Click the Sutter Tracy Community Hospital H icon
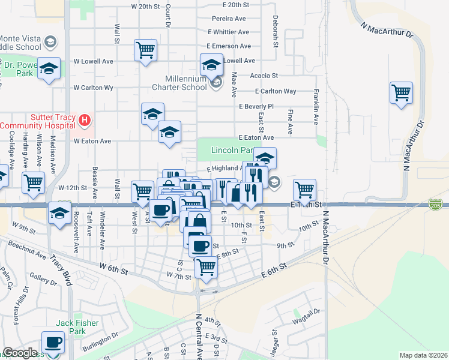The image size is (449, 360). click(85, 120)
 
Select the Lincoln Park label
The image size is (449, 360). click(232, 149)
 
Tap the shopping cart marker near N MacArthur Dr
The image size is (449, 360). click(400, 94)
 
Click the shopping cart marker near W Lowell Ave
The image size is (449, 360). click(146, 51)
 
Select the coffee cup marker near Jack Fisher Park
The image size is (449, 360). click(52, 343)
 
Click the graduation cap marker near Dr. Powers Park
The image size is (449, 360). click(49, 68)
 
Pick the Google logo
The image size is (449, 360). click(19, 353)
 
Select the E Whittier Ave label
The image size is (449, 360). click(228, 32)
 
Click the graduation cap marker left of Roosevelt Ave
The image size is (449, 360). click(59, 214)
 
